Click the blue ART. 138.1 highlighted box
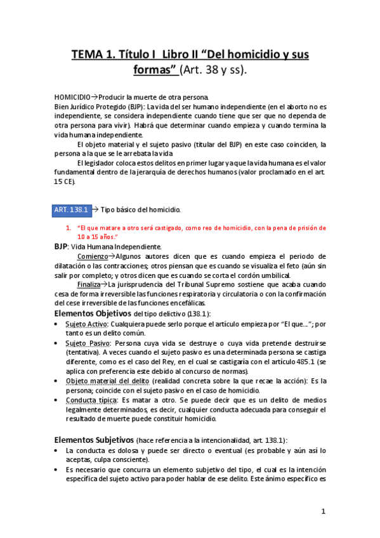(71, 209)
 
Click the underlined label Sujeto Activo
(86, 324)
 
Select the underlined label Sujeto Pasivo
(86, 343)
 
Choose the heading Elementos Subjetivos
(93, 440)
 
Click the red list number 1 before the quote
(69, 227)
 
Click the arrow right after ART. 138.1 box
(95, 209)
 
